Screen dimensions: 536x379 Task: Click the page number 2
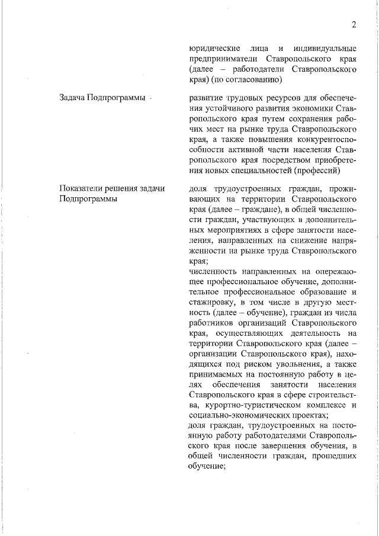[354, 24]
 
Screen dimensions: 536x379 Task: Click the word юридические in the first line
[214, 48]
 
